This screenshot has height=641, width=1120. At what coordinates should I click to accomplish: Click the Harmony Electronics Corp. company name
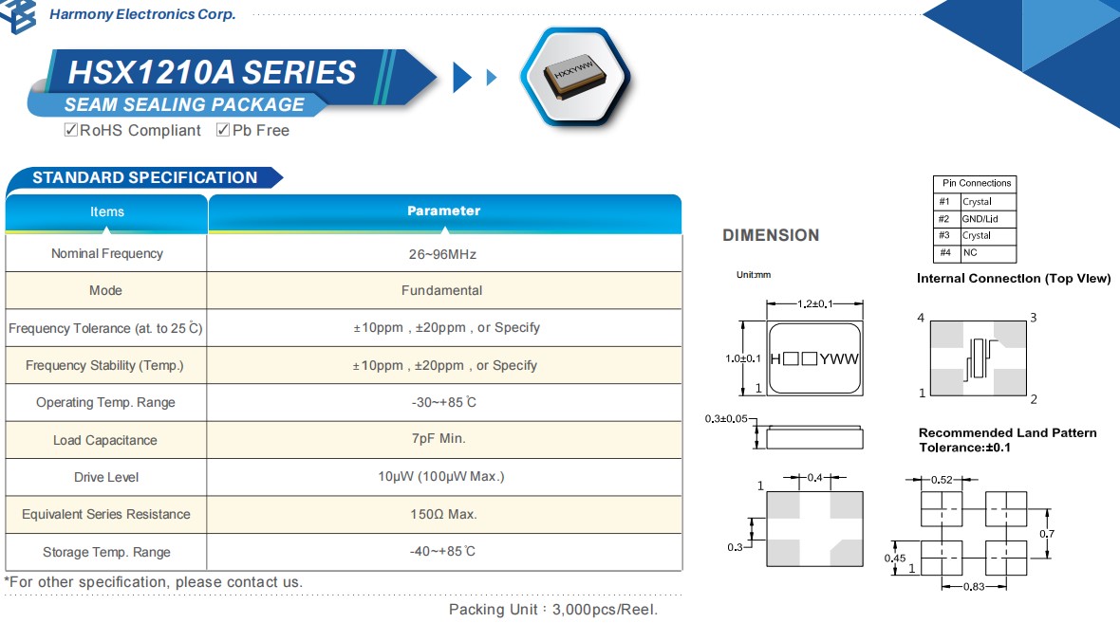click(142, 14)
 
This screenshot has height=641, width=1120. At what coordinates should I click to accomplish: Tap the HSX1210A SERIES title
click(212, 73)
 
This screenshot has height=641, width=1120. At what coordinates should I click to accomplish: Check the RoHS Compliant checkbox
click(70, 130)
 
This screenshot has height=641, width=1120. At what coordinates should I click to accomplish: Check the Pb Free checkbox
click(223, 130)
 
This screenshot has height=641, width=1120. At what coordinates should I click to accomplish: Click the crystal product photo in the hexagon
click(575, 76)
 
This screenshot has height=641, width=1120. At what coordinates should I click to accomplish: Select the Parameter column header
click(443, 211)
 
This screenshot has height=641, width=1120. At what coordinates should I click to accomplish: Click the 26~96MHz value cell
click(443, 254)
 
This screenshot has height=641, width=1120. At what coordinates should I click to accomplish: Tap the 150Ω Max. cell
click(442, 515)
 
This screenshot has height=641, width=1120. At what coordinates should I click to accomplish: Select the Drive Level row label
click(105, 477)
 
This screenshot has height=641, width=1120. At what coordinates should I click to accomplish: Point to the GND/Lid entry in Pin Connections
click(978, 219)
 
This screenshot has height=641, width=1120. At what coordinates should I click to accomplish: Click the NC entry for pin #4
click(970, 253)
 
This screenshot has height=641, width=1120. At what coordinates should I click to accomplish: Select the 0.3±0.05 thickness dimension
click(726, 418)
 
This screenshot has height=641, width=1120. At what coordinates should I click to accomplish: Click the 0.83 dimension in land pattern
click(974, 588)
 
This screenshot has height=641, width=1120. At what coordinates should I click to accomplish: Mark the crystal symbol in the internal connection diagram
click(978, 358)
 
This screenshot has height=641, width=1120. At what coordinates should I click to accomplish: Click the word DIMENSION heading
click(771, 235)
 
